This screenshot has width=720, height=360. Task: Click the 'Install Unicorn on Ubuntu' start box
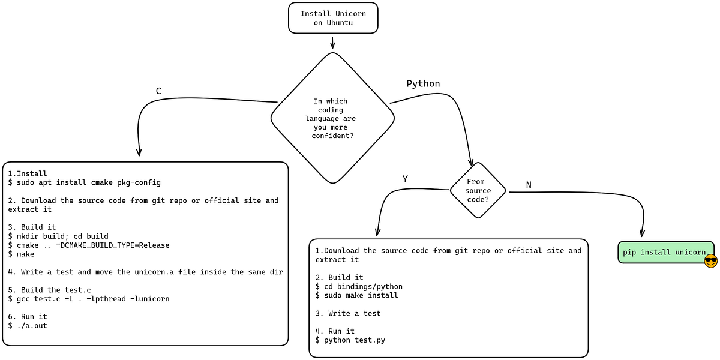tap(332, 18)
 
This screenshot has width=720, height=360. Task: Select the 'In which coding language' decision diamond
tap(332, 118)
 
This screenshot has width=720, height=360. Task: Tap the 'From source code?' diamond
tap(478, 191)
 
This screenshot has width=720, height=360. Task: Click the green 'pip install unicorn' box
tap(664, 252)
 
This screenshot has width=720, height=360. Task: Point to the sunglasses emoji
tap(711, 261)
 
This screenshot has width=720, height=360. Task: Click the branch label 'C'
tap(158, 91)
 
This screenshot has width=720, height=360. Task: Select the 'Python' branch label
tap(423, 83)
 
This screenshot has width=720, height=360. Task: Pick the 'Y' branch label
tap(405, 178)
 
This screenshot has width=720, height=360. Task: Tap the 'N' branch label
tap(529, 185)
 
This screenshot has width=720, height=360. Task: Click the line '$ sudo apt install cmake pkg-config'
tap(84, 182)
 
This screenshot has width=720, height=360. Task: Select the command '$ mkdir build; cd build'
tap(58, 236)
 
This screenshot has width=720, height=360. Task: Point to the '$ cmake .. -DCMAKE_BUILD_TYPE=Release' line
tap(89, 245)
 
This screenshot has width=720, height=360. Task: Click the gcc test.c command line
tap(89, 298)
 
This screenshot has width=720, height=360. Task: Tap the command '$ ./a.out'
tap(28, 325)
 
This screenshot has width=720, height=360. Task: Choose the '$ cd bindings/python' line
tap(359, 286)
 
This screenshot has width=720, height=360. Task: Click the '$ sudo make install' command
tap(357, 295)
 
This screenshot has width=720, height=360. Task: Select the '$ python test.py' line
tap(350, 340)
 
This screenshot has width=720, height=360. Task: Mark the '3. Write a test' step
tap(348, 313)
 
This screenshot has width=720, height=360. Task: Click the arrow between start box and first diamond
tap(332, 42)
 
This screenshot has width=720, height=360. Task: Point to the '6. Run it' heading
tap(28, 316)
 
